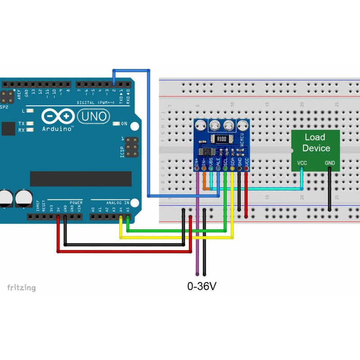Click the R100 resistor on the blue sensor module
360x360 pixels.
click(x=221, y=139)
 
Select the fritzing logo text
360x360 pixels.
click(x=21, y=287)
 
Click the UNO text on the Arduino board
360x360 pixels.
click(x=94, y=117)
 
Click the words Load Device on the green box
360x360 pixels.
click(x=316, y=143)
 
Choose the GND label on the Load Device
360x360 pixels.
click(x=330, y=162)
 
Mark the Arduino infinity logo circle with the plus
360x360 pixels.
click(x=66, y=117)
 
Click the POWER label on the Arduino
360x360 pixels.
click(x=76, y=203)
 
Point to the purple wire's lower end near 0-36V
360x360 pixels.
click(x=197, y=273)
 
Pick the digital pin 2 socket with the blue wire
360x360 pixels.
click(x=114, y=84)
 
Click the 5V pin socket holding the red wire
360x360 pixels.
click(x=58, y=217)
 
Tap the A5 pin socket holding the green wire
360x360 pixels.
click(x=128, y=217)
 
